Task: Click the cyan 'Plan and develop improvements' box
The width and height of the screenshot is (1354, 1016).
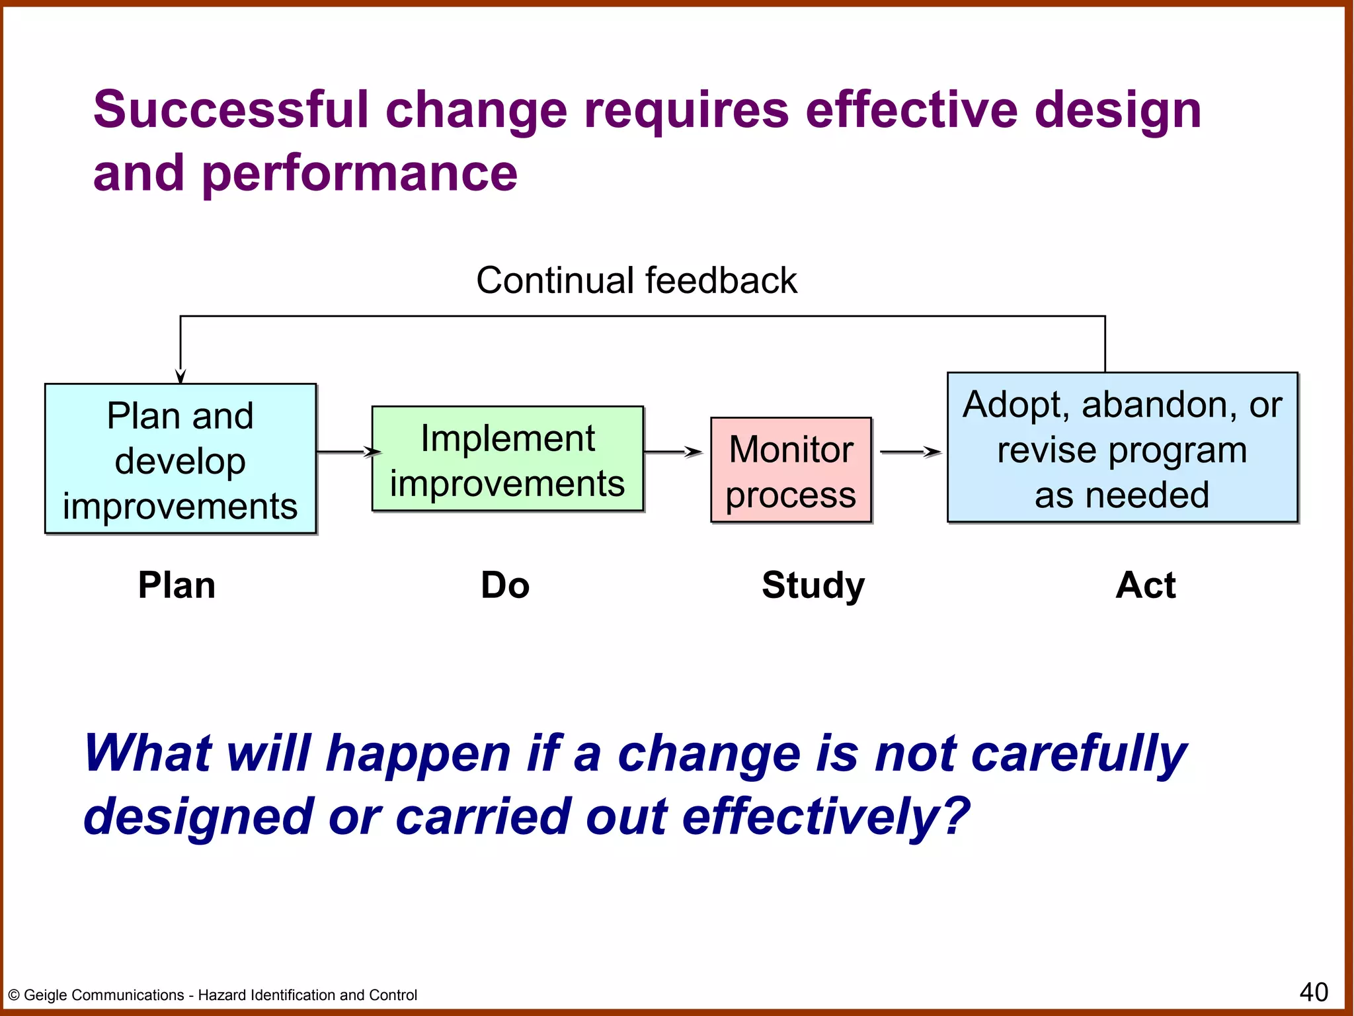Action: click(180, 459)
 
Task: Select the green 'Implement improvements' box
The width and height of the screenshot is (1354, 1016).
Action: click(507, 459)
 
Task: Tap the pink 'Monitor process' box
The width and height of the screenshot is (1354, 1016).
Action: click(791, 470)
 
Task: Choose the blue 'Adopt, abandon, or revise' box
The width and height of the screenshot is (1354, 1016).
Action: click(1122, 448)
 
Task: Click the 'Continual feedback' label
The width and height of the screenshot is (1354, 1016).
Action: click(636, 280)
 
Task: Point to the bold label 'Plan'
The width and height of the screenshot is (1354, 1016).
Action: click(177, 585)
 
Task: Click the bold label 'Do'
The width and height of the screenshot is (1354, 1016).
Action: click(505, 585)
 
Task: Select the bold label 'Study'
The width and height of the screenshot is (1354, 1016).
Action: click(813, 585)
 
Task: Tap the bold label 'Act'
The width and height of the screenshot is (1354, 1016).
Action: click(1145, 585)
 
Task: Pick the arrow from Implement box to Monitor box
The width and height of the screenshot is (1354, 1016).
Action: click(673, 452)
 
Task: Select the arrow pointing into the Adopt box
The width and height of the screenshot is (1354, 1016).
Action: click(910, 452)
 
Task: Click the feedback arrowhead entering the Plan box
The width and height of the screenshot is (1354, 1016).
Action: click(180, 376)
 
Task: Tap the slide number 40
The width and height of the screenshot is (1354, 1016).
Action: click(1313, 992)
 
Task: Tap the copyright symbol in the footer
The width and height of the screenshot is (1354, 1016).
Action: click(13, 995)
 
